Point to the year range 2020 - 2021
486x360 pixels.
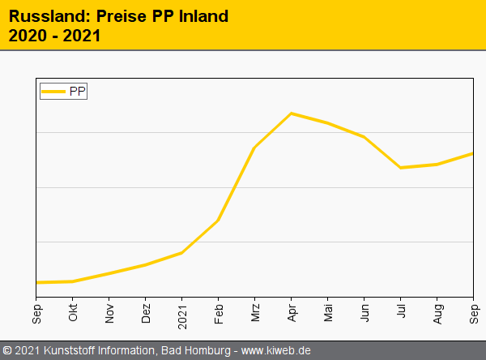coord(54,36)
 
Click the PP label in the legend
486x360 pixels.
coord(77,92)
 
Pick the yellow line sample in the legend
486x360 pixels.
coord(53,92)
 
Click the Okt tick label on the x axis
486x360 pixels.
coord(73,314)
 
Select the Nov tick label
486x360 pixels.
coord(109,314)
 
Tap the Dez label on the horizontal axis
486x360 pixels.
coord(146,314)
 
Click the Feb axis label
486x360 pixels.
coord(219,314)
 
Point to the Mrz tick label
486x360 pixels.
coord(255,314)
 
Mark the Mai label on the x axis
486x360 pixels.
coord(328,314)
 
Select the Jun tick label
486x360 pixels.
coord(364,314)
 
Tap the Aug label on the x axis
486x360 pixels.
coord(437,314)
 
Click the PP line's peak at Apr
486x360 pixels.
coord(291,114)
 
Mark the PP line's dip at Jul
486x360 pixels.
coord(400,168)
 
